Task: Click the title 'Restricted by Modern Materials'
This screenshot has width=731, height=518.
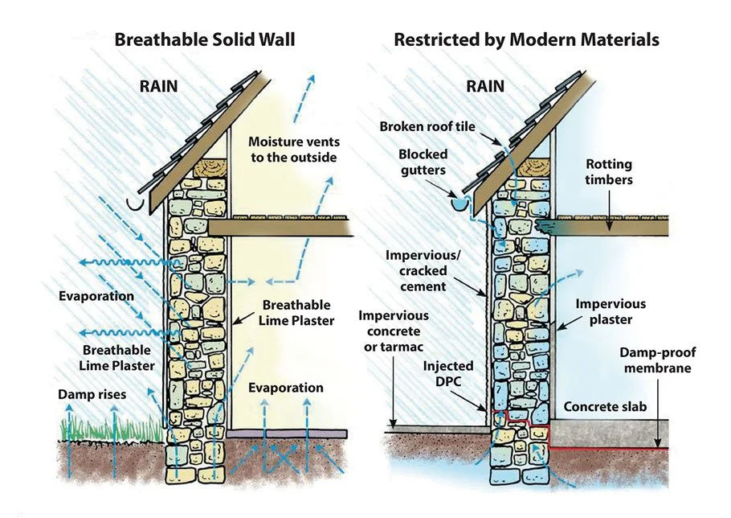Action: click(526, 39)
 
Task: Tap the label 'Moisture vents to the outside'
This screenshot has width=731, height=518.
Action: click(292, 148)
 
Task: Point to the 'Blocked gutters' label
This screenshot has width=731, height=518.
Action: click(423, 162)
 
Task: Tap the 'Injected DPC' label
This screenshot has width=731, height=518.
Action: click(448, 373)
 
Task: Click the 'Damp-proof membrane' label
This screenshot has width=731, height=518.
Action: click(658, 360)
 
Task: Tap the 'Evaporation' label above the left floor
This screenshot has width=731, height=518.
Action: click(285, 388)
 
